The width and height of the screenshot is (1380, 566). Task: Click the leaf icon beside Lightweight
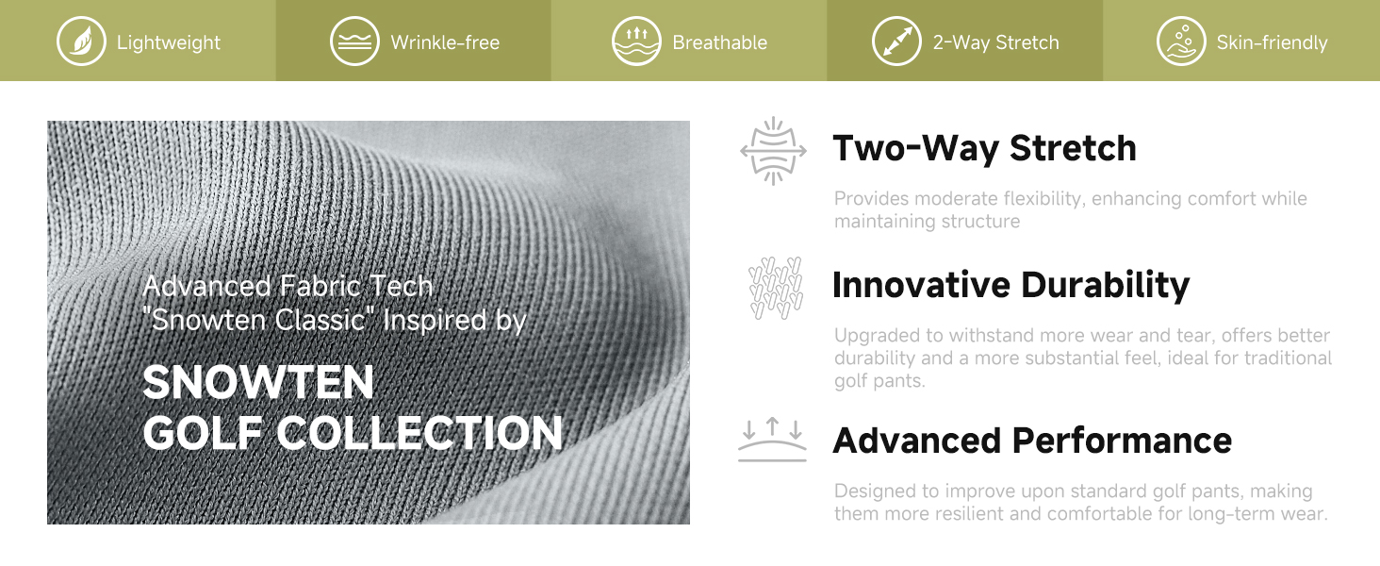click(81, 42)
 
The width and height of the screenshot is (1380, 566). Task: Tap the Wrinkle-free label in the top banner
click(445, 42)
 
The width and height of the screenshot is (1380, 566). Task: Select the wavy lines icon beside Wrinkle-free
click(354, 42)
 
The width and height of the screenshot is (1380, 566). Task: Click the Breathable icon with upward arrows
click(636, 42)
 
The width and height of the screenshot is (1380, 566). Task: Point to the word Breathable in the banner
click(719, 42)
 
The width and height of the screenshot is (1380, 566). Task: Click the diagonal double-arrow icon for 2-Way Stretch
click(896, 42)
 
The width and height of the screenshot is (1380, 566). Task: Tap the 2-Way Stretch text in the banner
click(995, 42)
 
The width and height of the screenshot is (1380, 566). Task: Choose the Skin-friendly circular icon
click(1181, 42)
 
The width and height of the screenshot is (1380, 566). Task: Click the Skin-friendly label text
click(1272, 42)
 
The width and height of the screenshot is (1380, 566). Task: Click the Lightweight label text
click(168, 42)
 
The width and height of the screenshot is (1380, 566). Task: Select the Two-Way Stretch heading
click(984, 149)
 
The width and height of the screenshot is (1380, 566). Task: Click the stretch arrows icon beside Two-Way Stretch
click(773, 151)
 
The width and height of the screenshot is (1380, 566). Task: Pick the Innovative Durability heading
click(1011, 285)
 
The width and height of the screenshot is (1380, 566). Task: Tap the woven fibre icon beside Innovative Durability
click(776, 288)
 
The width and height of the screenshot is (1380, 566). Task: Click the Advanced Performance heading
click(1032, 441)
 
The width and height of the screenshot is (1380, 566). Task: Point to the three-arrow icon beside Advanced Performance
click(773, 439)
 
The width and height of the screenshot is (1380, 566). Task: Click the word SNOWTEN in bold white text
click(258, 382)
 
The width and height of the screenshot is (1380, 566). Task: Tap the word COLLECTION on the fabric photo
click(419, 433)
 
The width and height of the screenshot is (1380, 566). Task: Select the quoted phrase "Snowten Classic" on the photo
click(258, 320)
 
